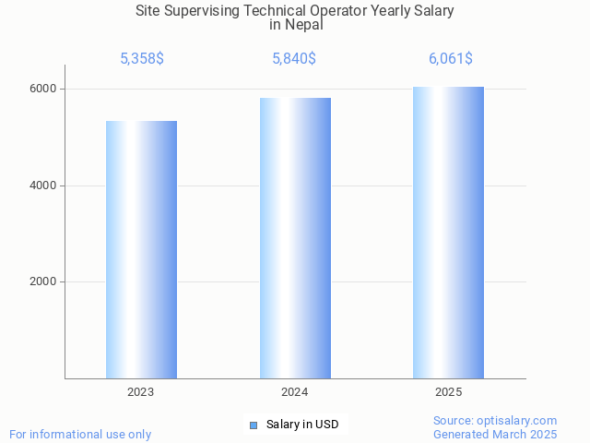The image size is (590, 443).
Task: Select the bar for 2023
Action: (x=141, y=249)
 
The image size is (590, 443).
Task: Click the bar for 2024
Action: (x=295, y=238)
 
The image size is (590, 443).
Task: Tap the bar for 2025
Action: (x=448, y=233)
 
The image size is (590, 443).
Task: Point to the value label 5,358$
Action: (x=142, y=59)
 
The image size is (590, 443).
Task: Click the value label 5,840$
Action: (x=294, y=59)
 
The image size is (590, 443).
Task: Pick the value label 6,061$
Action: (x=451, y=59)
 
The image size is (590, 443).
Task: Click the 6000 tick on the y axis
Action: (x=44, y=89)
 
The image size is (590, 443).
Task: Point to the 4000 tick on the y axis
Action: (x=44, y=186)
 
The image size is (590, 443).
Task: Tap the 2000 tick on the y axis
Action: (x=44, y=282)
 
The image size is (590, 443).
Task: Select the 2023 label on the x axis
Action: (x=141, y=392)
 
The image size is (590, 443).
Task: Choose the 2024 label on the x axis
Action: (x=295, y=392)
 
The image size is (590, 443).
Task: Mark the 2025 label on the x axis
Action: (x=449, y=392)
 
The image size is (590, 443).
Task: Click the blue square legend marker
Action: (x=254, y=425)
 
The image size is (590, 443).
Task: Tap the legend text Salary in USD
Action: (x=302, y=425)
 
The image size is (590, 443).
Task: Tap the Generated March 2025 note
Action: (x=495, y=434)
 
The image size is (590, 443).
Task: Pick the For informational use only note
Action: (x=80, y=434)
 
